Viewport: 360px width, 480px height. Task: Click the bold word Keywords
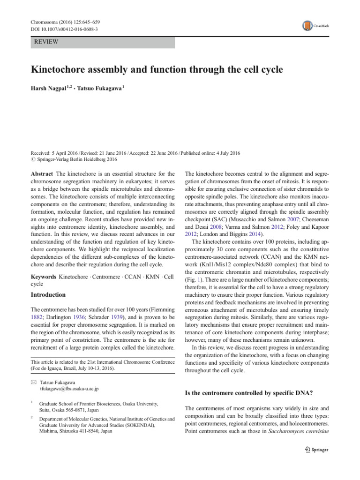pyautogui.click(x=44, y=277)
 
